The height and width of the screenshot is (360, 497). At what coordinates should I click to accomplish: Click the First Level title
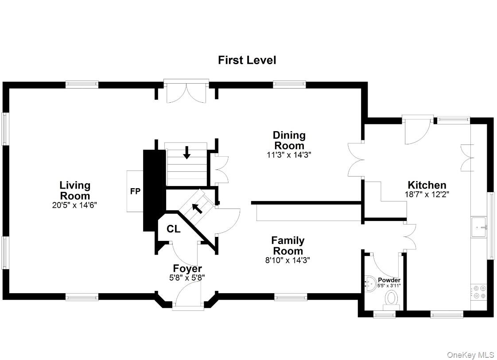pos(247,60)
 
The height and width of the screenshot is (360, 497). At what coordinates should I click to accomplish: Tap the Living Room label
pos(75,190)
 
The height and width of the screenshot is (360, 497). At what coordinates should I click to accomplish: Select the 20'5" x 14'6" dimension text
pos(75,205)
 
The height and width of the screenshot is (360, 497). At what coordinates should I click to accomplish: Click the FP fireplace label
pos(135,192)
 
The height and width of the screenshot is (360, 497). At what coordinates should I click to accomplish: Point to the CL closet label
pos(173,229)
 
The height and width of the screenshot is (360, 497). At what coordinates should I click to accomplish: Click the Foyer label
pos(187,268)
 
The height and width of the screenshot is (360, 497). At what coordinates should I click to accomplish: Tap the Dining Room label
pos(289,140)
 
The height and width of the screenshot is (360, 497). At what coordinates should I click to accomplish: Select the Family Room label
pos(287,245)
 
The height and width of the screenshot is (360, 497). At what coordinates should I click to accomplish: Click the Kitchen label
pos(427,185)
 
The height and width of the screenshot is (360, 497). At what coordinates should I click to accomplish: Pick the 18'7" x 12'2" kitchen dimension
pos(427,194)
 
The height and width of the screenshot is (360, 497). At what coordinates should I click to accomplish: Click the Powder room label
pos(389,280)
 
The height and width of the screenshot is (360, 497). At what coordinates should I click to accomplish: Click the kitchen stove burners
pos(479,291)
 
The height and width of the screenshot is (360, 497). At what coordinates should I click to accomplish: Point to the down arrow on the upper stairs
pos(187,153)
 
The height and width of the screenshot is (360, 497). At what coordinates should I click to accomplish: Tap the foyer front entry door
pos(188,294)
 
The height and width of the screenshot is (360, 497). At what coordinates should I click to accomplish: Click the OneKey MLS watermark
pos(470,355)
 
